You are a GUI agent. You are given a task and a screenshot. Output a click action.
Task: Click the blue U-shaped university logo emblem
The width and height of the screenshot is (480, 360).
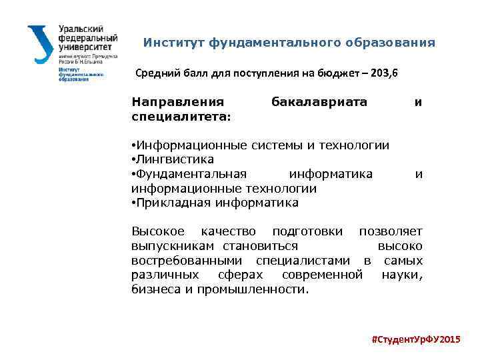click(x=40, y=45)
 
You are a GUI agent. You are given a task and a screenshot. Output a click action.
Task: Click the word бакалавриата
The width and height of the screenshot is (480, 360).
click(x=319, y=102)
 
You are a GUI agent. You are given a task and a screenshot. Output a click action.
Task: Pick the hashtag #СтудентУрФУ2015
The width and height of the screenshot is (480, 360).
click(x=415, y=340)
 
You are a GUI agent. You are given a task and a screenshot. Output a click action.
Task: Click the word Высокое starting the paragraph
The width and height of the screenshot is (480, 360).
click(x=158, y=232)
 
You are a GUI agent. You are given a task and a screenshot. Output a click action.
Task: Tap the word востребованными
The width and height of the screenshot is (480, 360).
click(x=185, y=261)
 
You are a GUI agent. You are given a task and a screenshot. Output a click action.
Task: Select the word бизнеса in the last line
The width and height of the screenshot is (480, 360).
click(x=155, y=289)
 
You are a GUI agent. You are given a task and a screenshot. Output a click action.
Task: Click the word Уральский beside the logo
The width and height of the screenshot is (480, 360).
click(x=81, y=30)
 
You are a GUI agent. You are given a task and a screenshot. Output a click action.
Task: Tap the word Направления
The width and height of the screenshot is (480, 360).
click(x=177, y=102)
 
